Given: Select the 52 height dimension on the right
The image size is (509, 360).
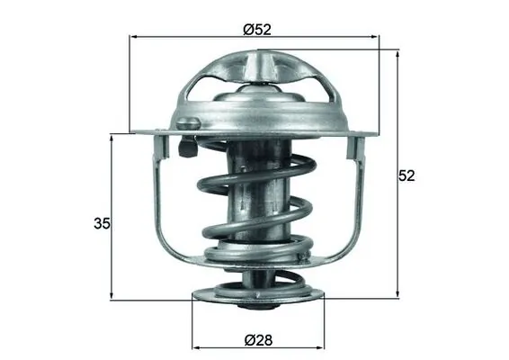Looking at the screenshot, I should [408, 175].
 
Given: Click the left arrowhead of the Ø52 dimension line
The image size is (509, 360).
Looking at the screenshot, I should [136, 38].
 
